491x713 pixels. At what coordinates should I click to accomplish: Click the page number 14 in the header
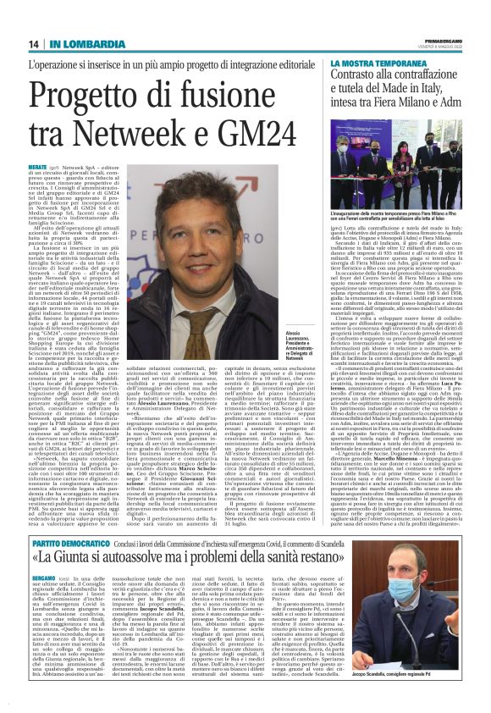coord(35,44)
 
